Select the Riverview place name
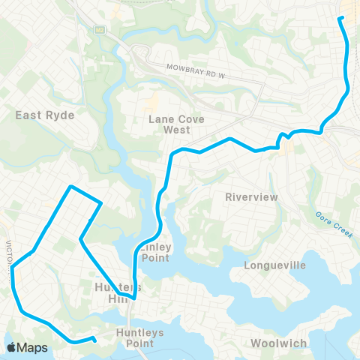click(x=251, y=196)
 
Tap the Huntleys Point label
click(x=135, y=337)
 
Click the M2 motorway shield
click(x=98, y=29)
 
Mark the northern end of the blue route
click(x=341, y=17)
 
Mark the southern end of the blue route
click(x=94, y=339)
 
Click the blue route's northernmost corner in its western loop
click(x=70, y=187)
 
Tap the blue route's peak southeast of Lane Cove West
click(x=229, y=139)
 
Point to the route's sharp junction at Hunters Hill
click(x=133, y=298)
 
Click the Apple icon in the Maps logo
click(x=10, y=347)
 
